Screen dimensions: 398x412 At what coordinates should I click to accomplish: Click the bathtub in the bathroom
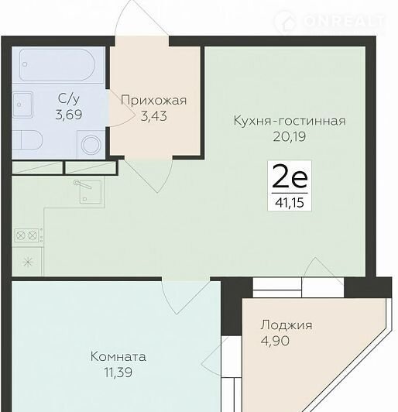pyautogui.click(x=57, y=64)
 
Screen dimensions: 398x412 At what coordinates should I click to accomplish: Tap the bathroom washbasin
pyautogui.click(x=22, y=105)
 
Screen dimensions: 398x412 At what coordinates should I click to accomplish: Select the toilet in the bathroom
pyautogui.click(x=27, y=141)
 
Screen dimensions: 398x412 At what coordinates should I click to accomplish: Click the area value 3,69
pyautogui.click(x=69, y=115)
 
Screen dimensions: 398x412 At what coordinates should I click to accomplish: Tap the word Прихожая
pyautogui.click(x=153, y=101)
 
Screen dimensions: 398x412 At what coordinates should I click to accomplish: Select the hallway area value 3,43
pyautogui.click(x=153, y=116)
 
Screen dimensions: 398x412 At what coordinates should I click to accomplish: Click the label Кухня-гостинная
pyautogui.click(x=290, y=121)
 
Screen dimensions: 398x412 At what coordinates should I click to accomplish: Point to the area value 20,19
pyautogui.click(x=290, y=136)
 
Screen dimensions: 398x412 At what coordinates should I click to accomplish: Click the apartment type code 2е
pyautogui.click(x=290, y=177)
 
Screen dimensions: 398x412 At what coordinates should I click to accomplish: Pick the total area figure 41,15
pyautogui.click(x=290, y=203)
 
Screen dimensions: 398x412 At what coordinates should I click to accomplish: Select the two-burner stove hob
pyautogui.click(x=28, y=235)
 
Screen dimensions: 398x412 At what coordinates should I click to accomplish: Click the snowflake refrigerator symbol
pyautogui.click(x=28, y=262)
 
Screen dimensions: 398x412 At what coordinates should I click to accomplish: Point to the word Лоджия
pyautogui.click(x=286, y=325)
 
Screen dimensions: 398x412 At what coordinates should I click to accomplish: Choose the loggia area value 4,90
pyautogui.click(x=275, y=341)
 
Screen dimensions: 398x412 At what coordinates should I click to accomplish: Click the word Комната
pyautogui.click(x=118, y=357)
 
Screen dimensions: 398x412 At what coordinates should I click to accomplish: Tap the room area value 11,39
pyautogui.click(x=118, y=373)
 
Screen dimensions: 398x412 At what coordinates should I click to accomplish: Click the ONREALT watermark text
pyautogui.click(x=345, y=21)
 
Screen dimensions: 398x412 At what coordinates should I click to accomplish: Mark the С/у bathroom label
pyautogui.click(x=69, y=99)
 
